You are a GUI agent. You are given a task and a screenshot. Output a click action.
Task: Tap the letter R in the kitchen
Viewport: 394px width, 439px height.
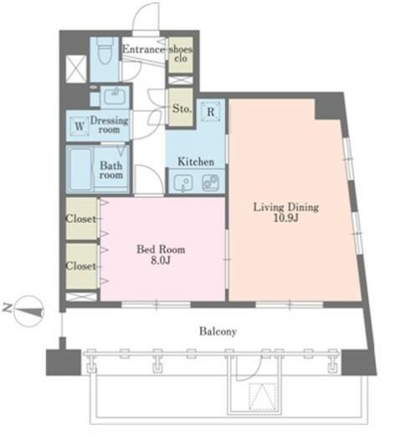coord(210,112)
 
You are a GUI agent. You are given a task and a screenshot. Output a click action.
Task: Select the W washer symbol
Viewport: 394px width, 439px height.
coord(79,126)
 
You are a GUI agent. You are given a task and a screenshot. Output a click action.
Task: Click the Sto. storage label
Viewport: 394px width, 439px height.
coord(182,109)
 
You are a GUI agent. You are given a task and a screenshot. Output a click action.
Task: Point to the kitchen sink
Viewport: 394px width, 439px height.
coord(183,183)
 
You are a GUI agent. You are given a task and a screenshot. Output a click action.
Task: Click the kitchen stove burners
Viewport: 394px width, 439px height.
coord(211,182)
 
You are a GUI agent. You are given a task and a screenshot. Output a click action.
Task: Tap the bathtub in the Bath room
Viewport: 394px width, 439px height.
coord(80,169)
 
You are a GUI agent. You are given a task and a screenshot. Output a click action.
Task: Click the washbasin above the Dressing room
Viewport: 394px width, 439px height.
coord(115,96)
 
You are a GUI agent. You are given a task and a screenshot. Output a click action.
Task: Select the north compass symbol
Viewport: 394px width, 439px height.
coord(28,311)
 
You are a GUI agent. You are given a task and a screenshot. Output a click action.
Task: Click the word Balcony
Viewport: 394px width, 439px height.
coord(217,331)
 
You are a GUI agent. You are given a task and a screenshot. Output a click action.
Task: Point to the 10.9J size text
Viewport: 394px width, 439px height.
coord(285,217)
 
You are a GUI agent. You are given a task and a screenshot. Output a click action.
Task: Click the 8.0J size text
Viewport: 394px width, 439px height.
coord(161,260)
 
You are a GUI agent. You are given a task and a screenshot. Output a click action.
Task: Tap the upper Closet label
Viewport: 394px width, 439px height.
coord(81,218)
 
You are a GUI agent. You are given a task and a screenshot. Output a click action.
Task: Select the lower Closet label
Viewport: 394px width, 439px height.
coord(81,266)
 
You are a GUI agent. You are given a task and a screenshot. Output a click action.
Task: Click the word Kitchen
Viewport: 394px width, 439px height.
coord(196,162)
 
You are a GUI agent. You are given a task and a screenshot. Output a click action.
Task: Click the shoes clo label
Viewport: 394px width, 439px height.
coord(181,54)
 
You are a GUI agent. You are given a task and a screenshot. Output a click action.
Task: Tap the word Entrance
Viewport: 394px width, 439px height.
coord(143,49)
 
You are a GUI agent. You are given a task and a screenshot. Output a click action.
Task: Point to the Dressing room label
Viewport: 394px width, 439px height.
coord(110,125)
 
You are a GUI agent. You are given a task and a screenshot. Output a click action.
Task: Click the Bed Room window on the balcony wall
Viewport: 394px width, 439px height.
coord(156,304)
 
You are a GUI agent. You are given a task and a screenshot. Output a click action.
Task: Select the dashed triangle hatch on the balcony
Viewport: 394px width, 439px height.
coord(263,397)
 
